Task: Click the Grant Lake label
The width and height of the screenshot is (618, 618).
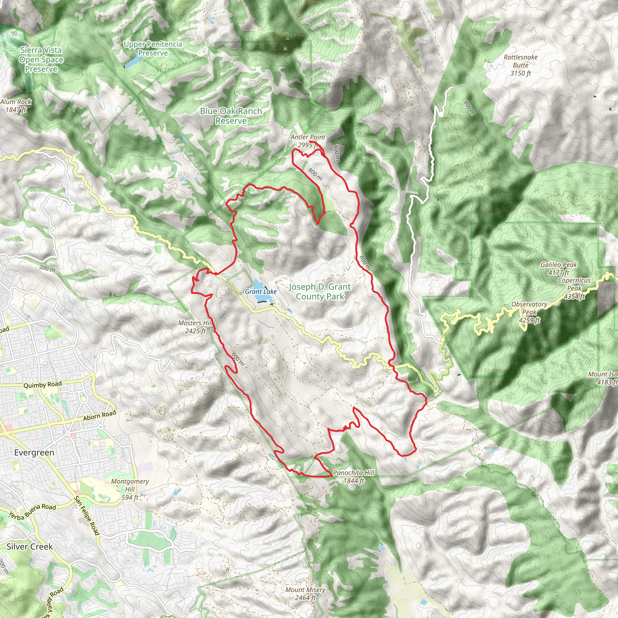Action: coord(261,291)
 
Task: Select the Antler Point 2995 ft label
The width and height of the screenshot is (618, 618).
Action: coord(308,141)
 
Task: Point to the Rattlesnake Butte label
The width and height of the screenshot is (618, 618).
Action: coord(521,65)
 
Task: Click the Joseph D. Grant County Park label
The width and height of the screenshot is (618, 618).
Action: coord(320,292)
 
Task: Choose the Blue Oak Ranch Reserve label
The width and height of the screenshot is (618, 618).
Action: coord(231,116)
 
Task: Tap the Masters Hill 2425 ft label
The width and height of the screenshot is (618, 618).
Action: coord(195,327)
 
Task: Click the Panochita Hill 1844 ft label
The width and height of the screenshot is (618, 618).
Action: coord(353,476)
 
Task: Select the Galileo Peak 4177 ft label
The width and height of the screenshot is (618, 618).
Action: coord(559,268)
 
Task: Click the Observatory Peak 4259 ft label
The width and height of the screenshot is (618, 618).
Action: coord(529,312)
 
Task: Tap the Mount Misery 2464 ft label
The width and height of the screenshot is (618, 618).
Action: coord(305,593)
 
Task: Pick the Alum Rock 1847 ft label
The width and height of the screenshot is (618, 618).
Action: coord(16,106)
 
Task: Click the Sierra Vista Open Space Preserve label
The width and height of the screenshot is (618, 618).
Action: coord(41,59)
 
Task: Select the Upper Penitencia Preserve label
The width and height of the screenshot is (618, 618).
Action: coord(153,49)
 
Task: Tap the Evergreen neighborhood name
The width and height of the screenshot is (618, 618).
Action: coord(34,453)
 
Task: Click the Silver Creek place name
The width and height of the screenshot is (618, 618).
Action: coord(30,546)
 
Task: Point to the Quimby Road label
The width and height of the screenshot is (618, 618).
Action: coord(43,384)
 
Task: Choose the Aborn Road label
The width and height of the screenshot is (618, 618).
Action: coord(100,416)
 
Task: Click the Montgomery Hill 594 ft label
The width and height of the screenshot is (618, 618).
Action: coord(130,489)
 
